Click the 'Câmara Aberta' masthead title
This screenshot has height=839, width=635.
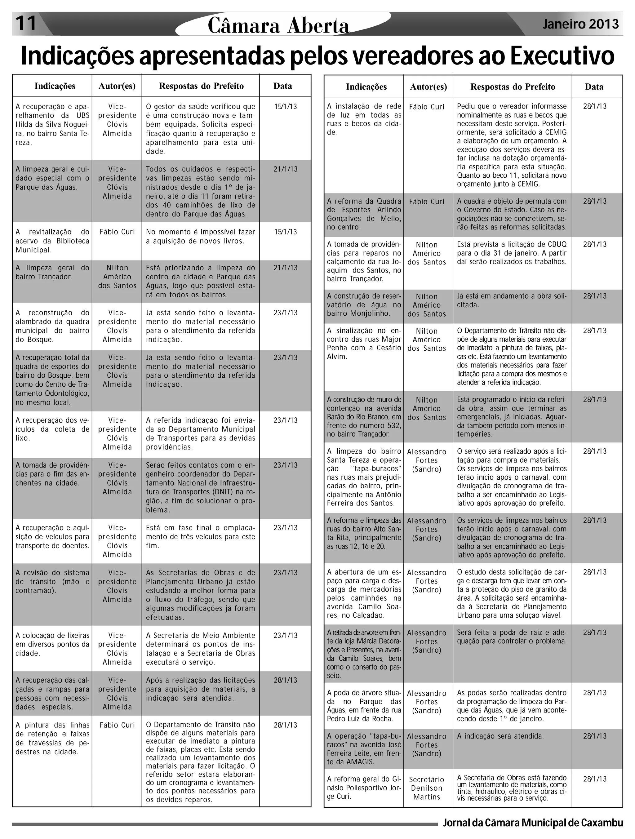(x=278, y=26)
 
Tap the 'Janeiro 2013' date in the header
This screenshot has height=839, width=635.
(x=580, y=24)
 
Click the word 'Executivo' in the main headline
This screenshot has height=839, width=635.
(x=562, y=56)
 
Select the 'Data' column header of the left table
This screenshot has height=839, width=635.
(x=282, y=86)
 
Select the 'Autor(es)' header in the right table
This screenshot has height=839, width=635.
(x=428, y=87)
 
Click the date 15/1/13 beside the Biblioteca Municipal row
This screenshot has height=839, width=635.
(x=285, y=232)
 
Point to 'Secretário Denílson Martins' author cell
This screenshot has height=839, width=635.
(x=427, y=788)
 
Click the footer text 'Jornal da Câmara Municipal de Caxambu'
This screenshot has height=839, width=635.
(x=533, y=823)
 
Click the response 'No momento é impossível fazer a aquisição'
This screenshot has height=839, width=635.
(x=200, y=236)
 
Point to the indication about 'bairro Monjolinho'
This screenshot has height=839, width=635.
(x=364, y=304)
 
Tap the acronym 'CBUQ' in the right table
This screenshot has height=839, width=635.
(x=557, y=244)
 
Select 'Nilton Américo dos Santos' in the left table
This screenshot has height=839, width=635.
(x=117, y=277)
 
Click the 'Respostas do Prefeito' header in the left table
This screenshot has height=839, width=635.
(x=201, y=86)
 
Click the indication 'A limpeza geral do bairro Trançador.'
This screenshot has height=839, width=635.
(x=52, y=272)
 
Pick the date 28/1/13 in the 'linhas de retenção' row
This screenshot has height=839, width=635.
(x=285, y=725)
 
